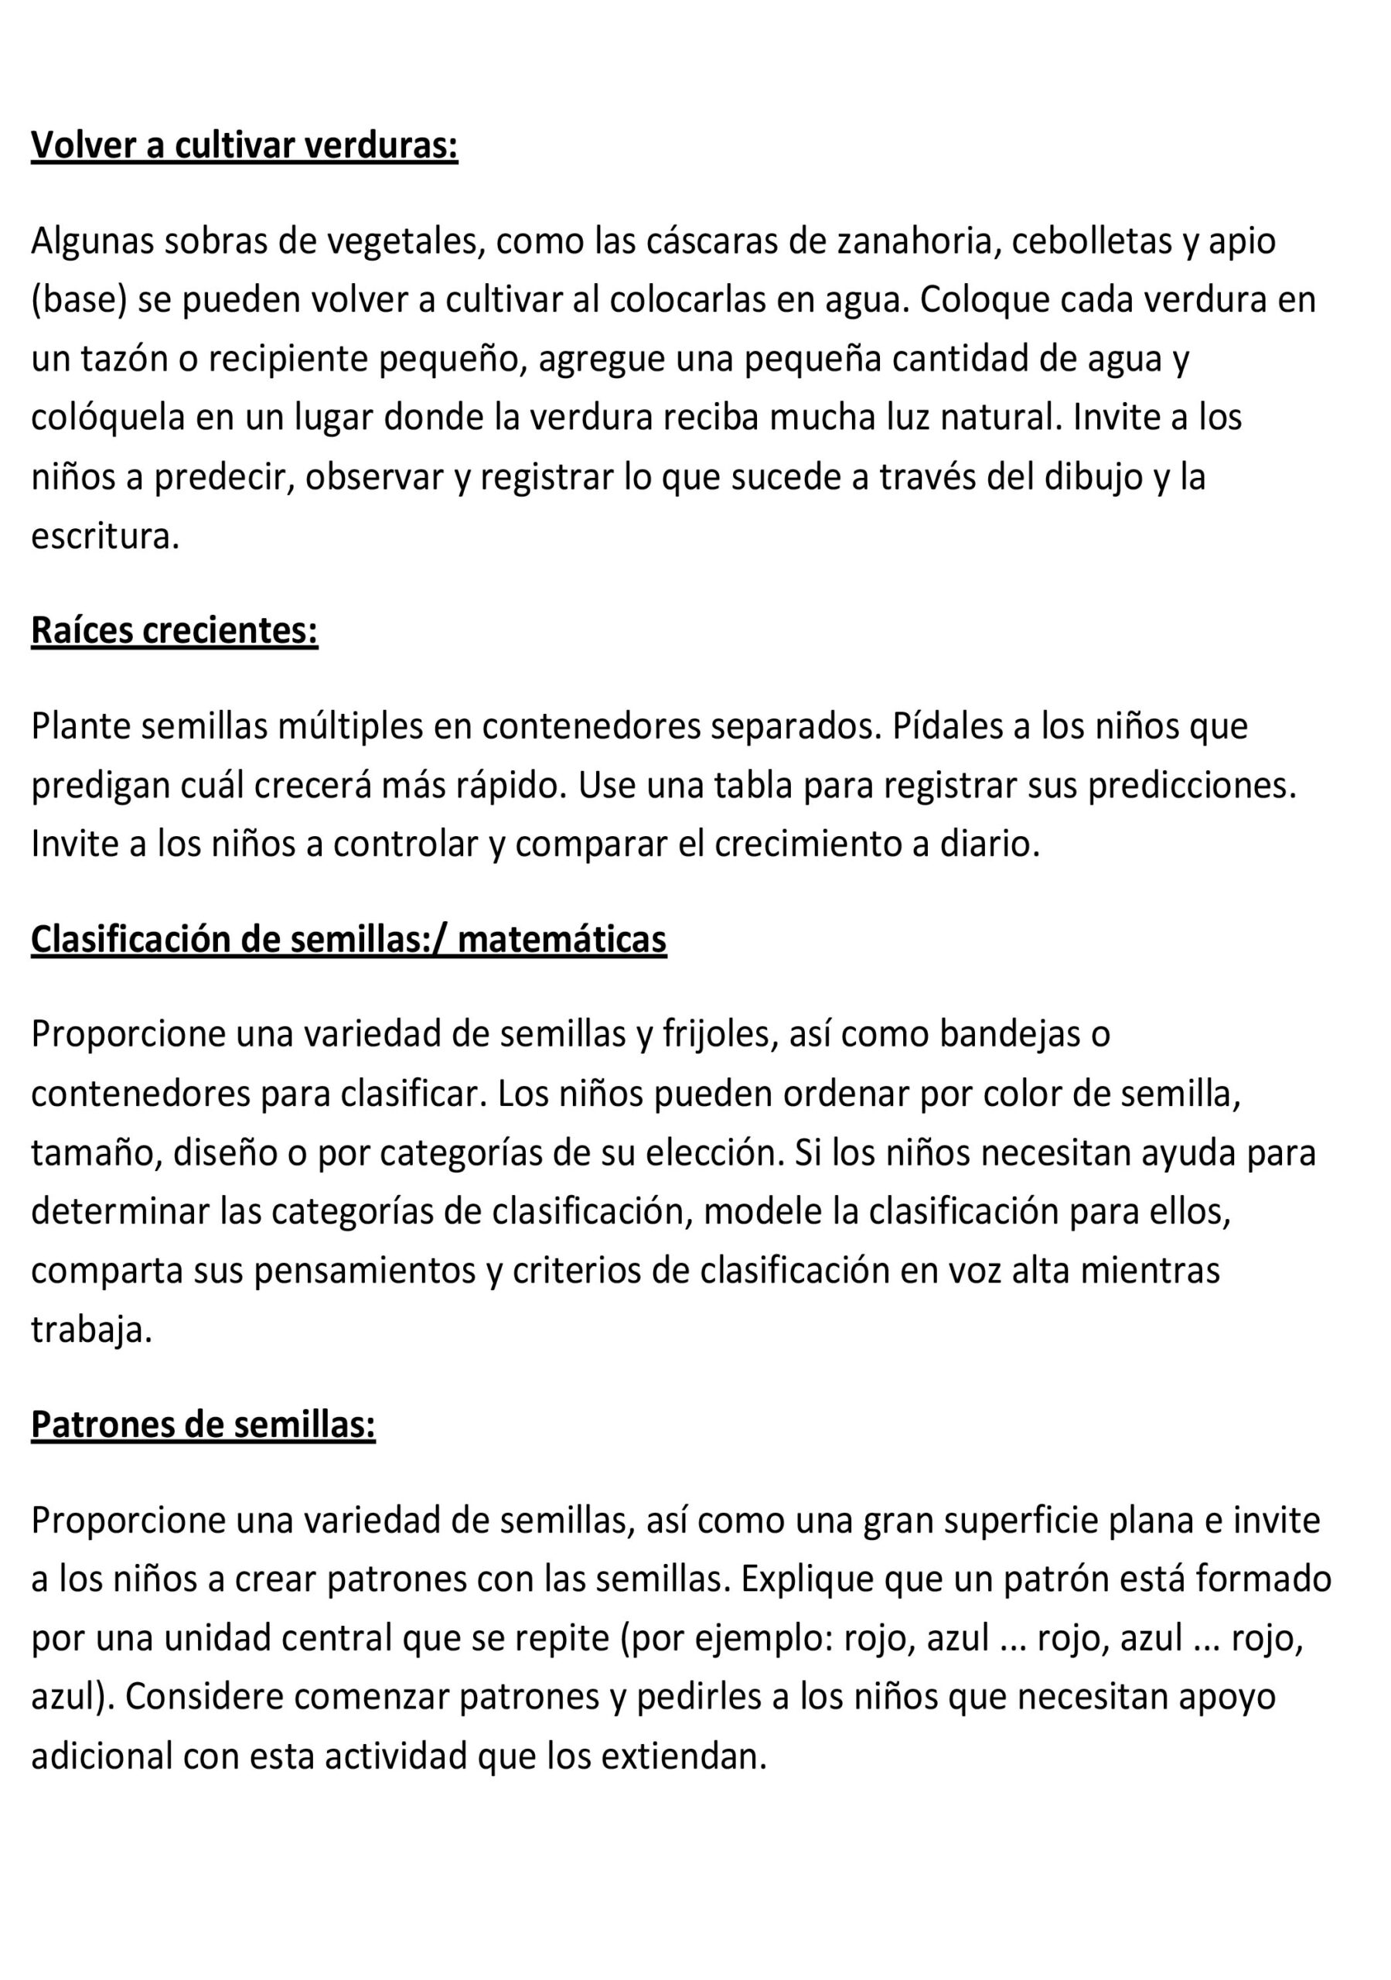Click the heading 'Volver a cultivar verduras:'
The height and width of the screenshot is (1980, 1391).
point(244,145)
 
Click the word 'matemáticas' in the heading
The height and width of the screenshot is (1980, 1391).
point(561,938)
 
